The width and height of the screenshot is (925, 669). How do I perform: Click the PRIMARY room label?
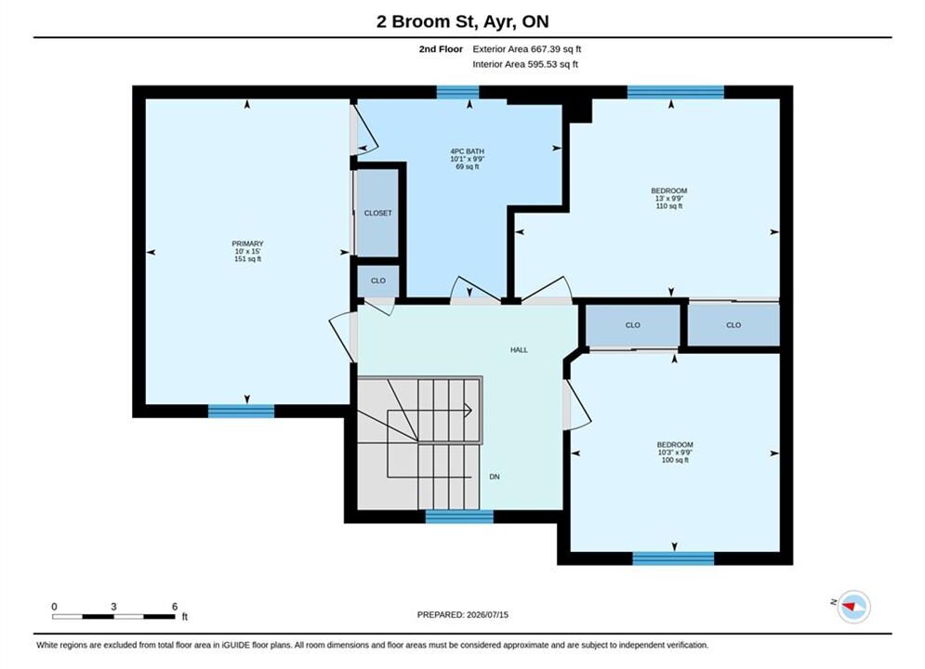247,243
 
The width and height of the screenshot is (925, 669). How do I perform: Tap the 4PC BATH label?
468,151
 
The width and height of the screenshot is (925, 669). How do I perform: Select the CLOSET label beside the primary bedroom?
377,213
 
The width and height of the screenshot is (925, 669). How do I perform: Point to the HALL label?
519,349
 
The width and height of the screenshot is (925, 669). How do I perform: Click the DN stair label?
495,477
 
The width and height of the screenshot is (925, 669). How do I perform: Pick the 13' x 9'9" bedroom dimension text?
669,199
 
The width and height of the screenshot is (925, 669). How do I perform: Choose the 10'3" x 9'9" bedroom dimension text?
675,453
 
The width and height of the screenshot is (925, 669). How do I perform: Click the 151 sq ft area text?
248,258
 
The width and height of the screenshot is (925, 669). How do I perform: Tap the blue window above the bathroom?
457,92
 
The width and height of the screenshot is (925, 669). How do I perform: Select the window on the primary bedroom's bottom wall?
242,411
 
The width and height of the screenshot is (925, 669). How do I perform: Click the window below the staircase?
459,517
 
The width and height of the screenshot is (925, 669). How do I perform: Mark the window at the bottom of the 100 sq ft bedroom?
673,558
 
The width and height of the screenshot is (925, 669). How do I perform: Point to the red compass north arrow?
850,606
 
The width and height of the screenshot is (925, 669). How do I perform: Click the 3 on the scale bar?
113,606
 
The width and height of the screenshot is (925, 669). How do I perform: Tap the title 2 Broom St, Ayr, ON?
463,21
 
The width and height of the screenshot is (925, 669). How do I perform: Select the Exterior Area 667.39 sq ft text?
527,49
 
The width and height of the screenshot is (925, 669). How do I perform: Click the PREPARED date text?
463,614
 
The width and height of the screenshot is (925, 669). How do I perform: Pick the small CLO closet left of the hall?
378,281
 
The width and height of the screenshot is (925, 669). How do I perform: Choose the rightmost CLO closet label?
733,325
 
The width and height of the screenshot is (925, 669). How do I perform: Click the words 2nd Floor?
441,49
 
